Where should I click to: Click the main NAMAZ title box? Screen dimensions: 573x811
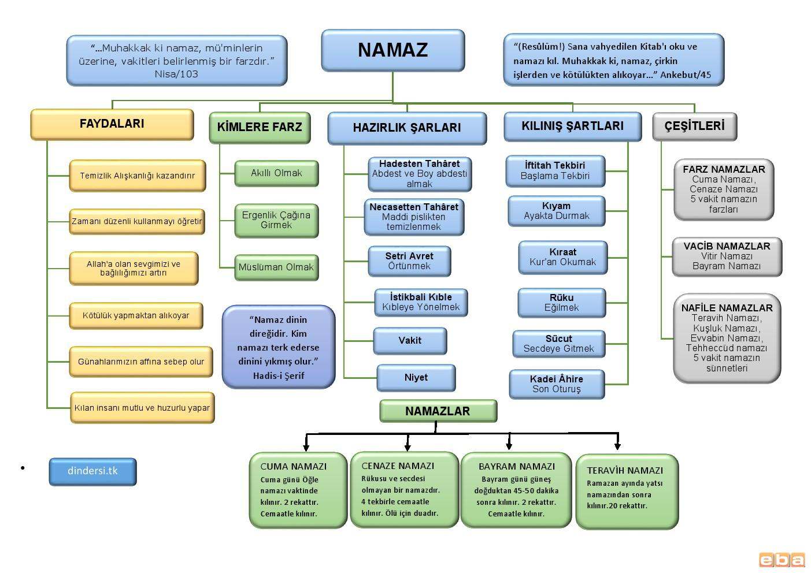click(392, 50)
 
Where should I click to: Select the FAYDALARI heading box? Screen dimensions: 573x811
click(112, 124)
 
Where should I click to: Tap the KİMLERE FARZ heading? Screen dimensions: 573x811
click(260, 127)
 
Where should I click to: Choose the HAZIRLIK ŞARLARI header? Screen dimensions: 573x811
click(406, 128)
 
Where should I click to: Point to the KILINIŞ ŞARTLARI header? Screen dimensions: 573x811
click(572, 126)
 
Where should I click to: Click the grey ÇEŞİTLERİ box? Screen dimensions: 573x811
click(694, 126)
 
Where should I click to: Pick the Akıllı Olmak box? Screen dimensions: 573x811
click(276, 173)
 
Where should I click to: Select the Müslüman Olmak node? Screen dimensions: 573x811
click(276, 267)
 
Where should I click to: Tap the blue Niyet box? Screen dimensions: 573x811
click(416, 378)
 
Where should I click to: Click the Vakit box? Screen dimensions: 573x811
click(410, 341)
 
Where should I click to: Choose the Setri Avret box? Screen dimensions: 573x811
click(409, 261)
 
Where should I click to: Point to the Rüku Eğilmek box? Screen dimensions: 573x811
click(561, 303)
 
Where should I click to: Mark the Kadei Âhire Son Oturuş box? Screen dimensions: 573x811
click(557, 384)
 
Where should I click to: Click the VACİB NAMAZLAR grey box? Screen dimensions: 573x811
click(727, 256)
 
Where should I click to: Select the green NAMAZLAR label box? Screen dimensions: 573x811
click(438, 411)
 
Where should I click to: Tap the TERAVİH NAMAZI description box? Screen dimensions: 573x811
click(627, 491)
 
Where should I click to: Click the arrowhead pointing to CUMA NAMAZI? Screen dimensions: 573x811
click(306, 447)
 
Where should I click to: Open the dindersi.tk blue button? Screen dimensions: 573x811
click(92, 471)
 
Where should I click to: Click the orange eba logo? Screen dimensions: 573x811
click(782, 560)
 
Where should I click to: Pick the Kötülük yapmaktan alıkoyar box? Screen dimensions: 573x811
click(136, 316)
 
